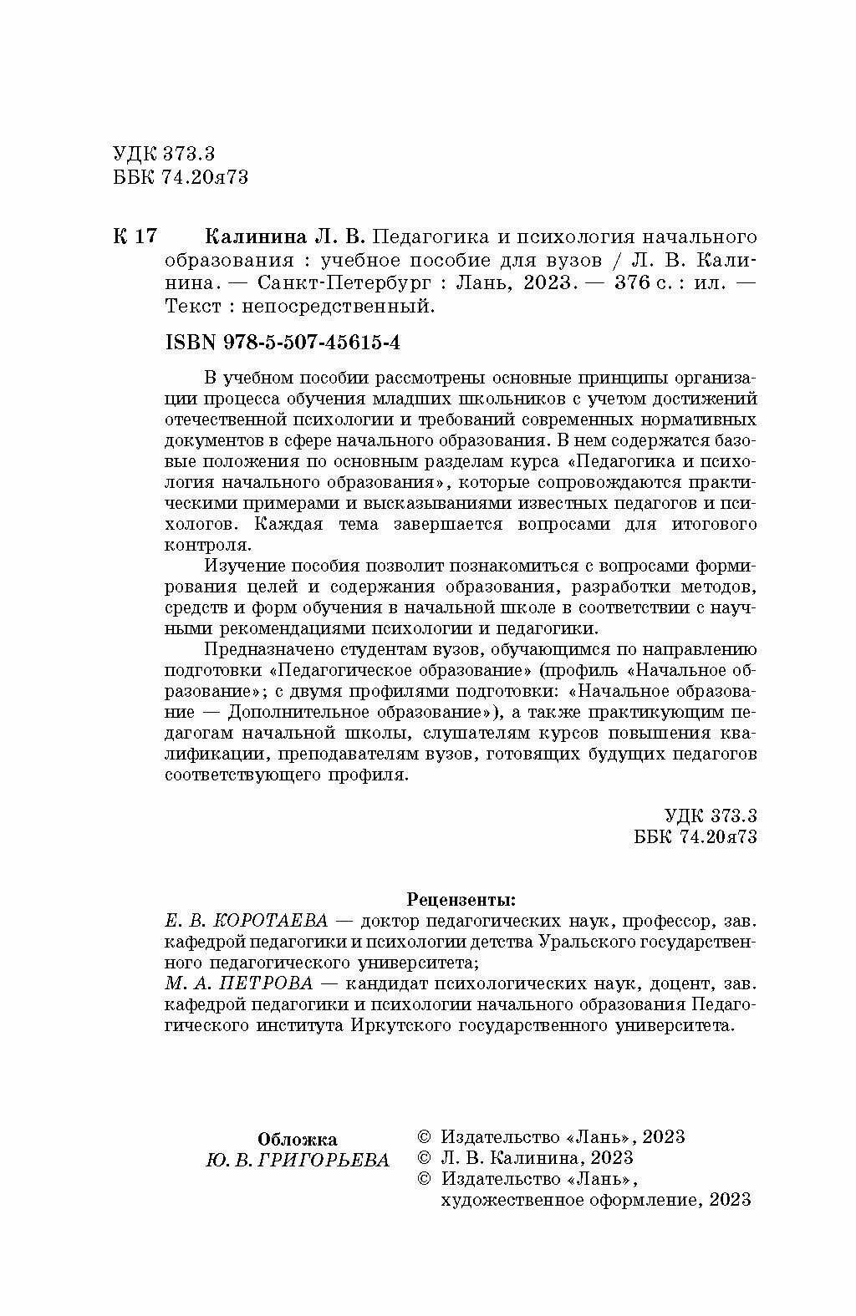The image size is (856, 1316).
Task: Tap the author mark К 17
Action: (134, 236)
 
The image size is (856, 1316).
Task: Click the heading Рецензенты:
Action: (461, 900)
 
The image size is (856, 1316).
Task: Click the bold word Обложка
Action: (298, 1139)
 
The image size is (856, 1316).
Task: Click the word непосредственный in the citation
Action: (338, 306)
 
